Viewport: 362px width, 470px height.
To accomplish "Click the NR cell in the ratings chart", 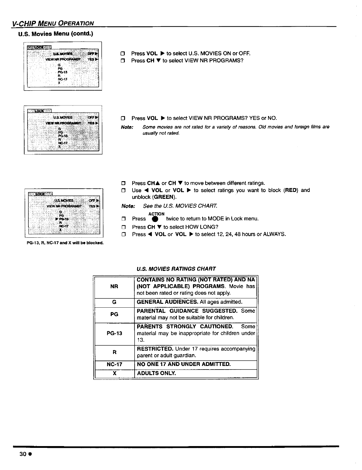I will (x=114, y=286).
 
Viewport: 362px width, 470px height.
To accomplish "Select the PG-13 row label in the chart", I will (x=114, y=333).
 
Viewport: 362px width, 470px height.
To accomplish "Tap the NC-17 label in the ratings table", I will (x=114, y=364).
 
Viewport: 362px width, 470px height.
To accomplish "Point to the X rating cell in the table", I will (x=114, y=373).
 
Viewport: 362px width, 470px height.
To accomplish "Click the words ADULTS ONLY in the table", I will (x=156, y=373).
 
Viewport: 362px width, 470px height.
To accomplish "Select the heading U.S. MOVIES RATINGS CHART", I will (x=176, y=269).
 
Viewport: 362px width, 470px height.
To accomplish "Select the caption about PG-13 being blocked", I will (x=65, y=243).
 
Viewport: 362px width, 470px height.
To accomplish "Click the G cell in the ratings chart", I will (x=114, y=302).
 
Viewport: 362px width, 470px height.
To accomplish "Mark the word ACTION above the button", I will (x=156, y=214).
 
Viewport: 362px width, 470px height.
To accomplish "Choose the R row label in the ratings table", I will (x=114, y=352).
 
